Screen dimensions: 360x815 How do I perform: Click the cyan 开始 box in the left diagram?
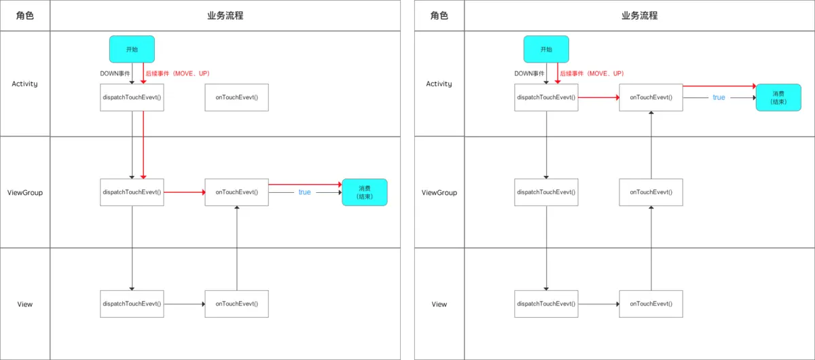click(x=132, y=50)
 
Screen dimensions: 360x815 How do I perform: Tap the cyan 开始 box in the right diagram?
click(x=546, y=50)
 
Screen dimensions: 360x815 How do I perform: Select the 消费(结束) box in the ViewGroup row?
click(x=364, y=192)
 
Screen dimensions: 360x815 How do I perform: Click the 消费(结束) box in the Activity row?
click(x=778, y=97)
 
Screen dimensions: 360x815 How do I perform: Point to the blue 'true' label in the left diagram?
click(x=304, y=192)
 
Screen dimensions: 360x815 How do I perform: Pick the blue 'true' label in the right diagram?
click(x=719, y=97)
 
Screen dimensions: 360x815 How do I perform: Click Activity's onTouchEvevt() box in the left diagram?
click(x=236, y=97)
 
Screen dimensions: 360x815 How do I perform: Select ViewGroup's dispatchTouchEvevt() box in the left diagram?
click(x=132, y=192)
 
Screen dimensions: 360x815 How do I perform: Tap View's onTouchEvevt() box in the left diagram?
click(x=236, y=304)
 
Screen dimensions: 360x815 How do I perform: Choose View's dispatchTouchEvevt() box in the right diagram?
click(x=546, y=304)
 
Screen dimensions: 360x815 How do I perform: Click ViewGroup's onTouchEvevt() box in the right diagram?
click(x=651, y=192)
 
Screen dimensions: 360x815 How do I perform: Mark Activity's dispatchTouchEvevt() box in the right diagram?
click(x=546, y=97)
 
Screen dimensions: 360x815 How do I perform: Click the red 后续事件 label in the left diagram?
click(x=180, y=73)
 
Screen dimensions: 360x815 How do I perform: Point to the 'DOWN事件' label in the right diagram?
click(x=530, y=73)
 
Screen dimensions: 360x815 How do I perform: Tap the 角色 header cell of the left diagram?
click(x=24, y=16)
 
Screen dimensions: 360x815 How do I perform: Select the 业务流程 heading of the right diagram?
click(x=639, y=16)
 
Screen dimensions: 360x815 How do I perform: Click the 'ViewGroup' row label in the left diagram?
click(x=24, y=192)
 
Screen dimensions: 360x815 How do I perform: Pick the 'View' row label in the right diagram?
click(x=439, y=304)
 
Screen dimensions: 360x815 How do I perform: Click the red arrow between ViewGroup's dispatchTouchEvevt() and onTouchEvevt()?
click(x=184, y=192)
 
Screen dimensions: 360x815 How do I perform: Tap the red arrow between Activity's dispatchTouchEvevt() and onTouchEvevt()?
click(x=598, y=97)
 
